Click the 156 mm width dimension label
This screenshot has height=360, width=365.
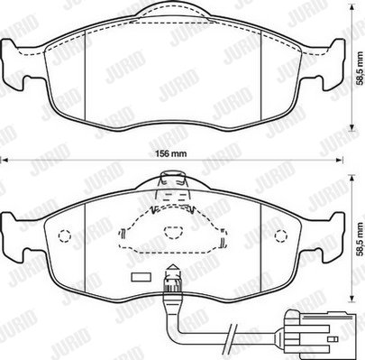click(x=170, y=153)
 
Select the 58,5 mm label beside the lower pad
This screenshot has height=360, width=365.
click(x=360, y=239)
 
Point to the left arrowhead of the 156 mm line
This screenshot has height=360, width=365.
click(x=5, y=160)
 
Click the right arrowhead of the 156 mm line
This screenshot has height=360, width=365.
click(x=340, y=160)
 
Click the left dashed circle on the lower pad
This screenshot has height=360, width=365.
click(x=64, y=235)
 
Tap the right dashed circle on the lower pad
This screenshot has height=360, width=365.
click(x=281, y=235)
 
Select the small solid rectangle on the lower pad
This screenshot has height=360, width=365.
click(x=141, y=277)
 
